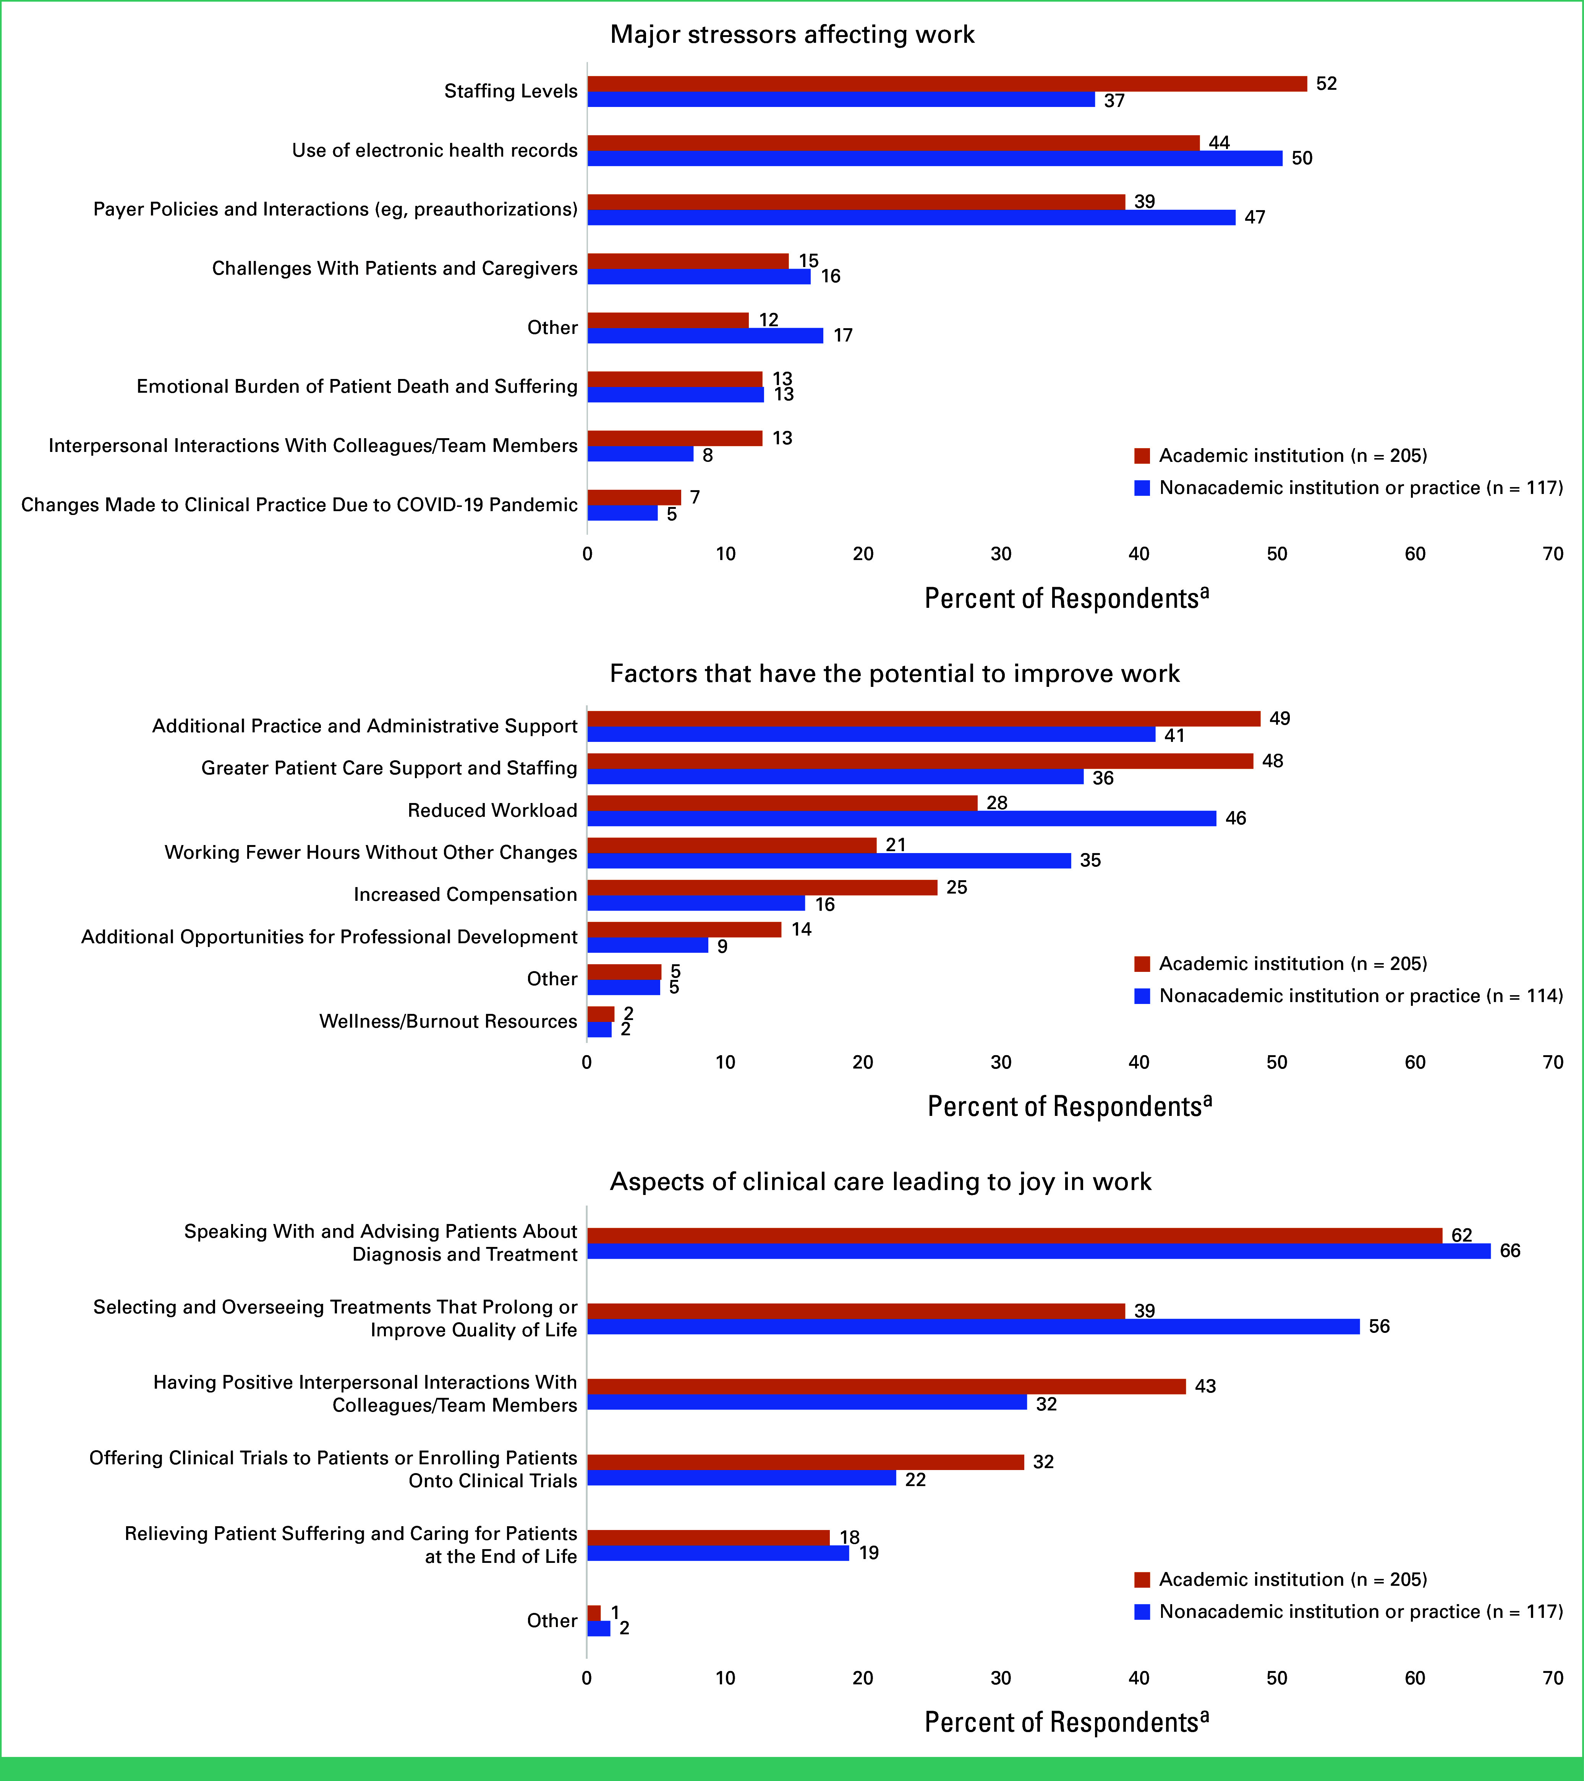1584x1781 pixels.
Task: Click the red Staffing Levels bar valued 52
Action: coord(947,84)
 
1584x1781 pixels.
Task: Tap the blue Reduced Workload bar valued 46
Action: coord(902,818)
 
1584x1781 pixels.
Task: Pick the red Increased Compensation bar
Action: coord(762,887)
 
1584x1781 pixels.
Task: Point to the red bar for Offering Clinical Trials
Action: coord(806,1462)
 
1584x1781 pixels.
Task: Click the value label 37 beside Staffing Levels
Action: coord(1114,101)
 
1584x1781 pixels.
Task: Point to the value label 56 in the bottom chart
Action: coord(1379,1326)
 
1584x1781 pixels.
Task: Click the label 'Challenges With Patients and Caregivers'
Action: coord(395,268)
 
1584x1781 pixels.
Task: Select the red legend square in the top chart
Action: coord(1142,456)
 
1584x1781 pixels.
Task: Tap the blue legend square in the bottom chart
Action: coord(1142,1612)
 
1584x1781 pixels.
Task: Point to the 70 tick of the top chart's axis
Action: coord(1553,554)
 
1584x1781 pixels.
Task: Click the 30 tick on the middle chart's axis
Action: coord(1001,1062)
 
